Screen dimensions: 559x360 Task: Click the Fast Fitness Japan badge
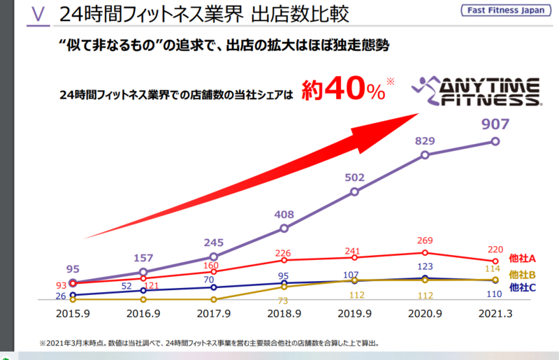coord(506,10)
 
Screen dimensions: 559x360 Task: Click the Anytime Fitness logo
coord(477,91)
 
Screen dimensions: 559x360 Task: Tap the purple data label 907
coord(495,124)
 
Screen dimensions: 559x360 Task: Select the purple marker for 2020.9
coord(425,155)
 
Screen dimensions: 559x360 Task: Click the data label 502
coord(354,178)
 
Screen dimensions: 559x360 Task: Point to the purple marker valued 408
coord(284,229)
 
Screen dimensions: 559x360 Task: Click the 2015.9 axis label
coord(73,314)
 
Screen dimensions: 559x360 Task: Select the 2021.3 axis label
coord(495,314)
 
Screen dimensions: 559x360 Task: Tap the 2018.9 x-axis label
coord(284,314)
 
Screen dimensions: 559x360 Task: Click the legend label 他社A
coord(522,259)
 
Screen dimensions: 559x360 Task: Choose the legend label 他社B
coord(522,275)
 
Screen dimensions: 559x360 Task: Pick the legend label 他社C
coord(522,287)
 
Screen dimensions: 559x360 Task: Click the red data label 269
coord(425,240)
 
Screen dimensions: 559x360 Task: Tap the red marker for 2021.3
coord(495,261)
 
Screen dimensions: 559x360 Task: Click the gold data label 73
coord(283,301)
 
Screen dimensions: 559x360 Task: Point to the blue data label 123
coord(425,266)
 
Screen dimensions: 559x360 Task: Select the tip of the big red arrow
coord(419,113)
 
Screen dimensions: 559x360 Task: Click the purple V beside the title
coord(38,14)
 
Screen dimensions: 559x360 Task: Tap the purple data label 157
coord(143,258)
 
